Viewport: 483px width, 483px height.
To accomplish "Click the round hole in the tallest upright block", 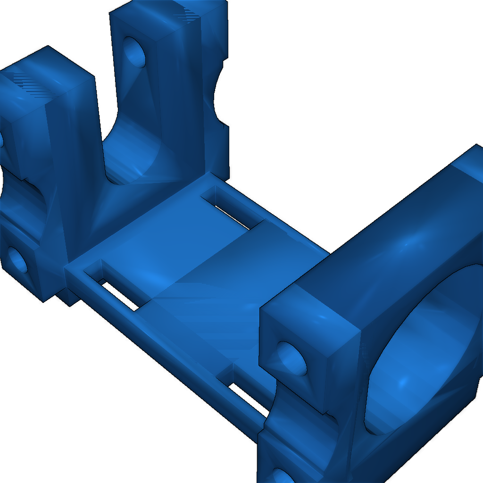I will [135, 51].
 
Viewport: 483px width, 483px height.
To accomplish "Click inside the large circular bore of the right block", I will [425, 349].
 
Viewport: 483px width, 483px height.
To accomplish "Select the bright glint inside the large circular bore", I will [403, 380].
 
